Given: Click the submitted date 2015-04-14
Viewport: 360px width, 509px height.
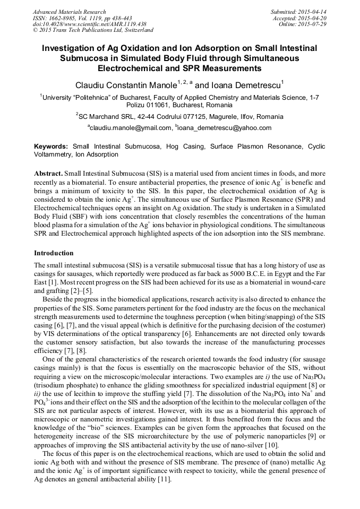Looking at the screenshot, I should pos(310,12).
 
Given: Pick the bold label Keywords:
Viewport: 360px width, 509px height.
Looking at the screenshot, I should pos(51,146).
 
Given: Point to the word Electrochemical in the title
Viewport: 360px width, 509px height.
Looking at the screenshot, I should pos(129,68).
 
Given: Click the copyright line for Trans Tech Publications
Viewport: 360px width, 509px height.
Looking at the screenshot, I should pos(93,30).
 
